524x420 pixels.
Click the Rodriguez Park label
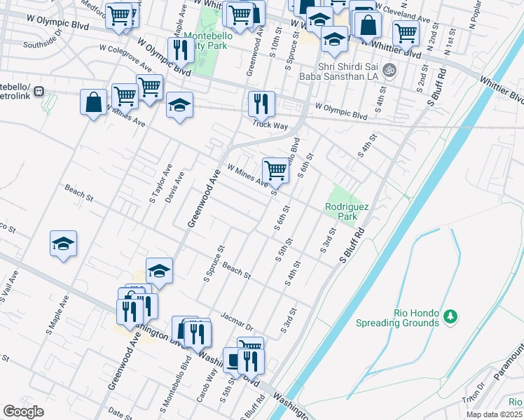[x=342, y=211]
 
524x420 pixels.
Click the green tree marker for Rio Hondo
[x=452, y=318]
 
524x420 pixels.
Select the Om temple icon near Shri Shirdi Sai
[x=390, y=69]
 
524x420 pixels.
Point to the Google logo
[x=23, y=412]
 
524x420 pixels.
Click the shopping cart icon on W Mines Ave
[x=276, y=170]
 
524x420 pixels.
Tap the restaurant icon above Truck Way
[x=261, y=104]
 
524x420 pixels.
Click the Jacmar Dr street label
[x=236, y=320]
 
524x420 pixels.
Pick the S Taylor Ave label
[x=160, y=183]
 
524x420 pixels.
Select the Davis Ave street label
[x=179, y=188]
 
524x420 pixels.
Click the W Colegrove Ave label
[x=126, y=58]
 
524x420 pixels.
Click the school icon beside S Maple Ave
[x=63, y=244]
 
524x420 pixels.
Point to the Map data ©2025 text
[x=495, y=414]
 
